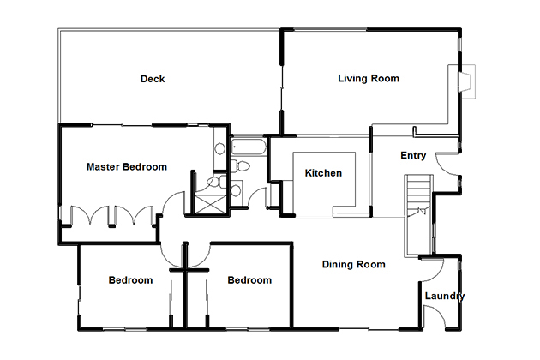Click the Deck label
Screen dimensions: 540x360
pos(153,79)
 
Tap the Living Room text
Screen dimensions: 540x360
pos(369,79)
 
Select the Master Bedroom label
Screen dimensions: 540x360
pos(127,167)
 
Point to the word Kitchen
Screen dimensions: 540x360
pos(323,173)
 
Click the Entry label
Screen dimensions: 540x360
pos(413,156)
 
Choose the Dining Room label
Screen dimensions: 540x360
pos(354,265)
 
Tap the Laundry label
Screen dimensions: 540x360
pos(445,297)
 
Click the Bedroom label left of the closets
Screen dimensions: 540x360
pos(130,280)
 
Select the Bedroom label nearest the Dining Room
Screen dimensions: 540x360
pos(249,280)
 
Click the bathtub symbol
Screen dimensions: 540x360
pos(249,147)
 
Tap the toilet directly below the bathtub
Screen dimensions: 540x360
pos(240,166)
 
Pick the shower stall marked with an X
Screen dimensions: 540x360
pos(210,204)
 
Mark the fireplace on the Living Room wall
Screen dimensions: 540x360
pos(466,81)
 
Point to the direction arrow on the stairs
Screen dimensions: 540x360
pos(422,211)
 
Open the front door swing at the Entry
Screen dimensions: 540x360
pos(447,165)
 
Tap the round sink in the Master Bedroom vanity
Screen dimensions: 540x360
pos(220,149)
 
